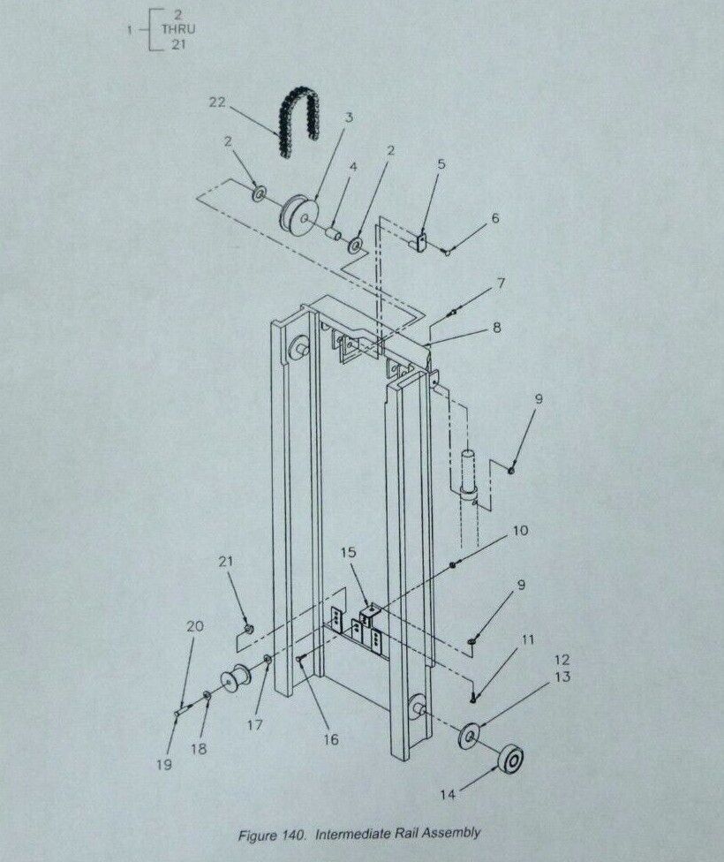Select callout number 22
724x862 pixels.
click(x=218, y=102)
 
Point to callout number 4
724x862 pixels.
click(x=353, y=166)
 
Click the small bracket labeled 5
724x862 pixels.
click(x=420, y=241)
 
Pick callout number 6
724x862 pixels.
click(x=495, y=218)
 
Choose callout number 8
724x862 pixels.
click(x=496, y=328)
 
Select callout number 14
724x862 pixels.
click(x=448, y=794)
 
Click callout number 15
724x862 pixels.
click(x=349, y=553)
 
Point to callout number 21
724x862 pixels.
click(x=226, y=562)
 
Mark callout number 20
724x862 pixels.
click(x=194, y=626)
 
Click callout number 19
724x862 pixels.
click(x=164, y=765)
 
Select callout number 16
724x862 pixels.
click(x=331, y=740)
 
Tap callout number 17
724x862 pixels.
click(x=254, y=725)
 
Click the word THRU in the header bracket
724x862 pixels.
click(x=178, y=29)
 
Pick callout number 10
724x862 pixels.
click(x=520, y=531)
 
